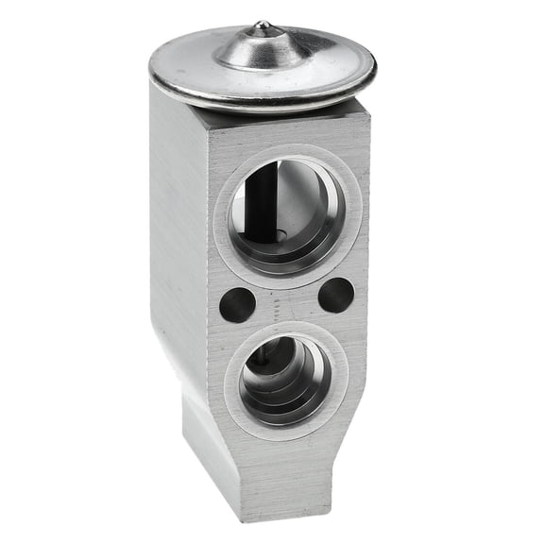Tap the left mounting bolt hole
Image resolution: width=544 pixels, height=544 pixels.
pyautogui.click(x=237, y=303)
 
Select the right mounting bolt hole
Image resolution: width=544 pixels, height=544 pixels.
pyautogui.click(x=335, y=296)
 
